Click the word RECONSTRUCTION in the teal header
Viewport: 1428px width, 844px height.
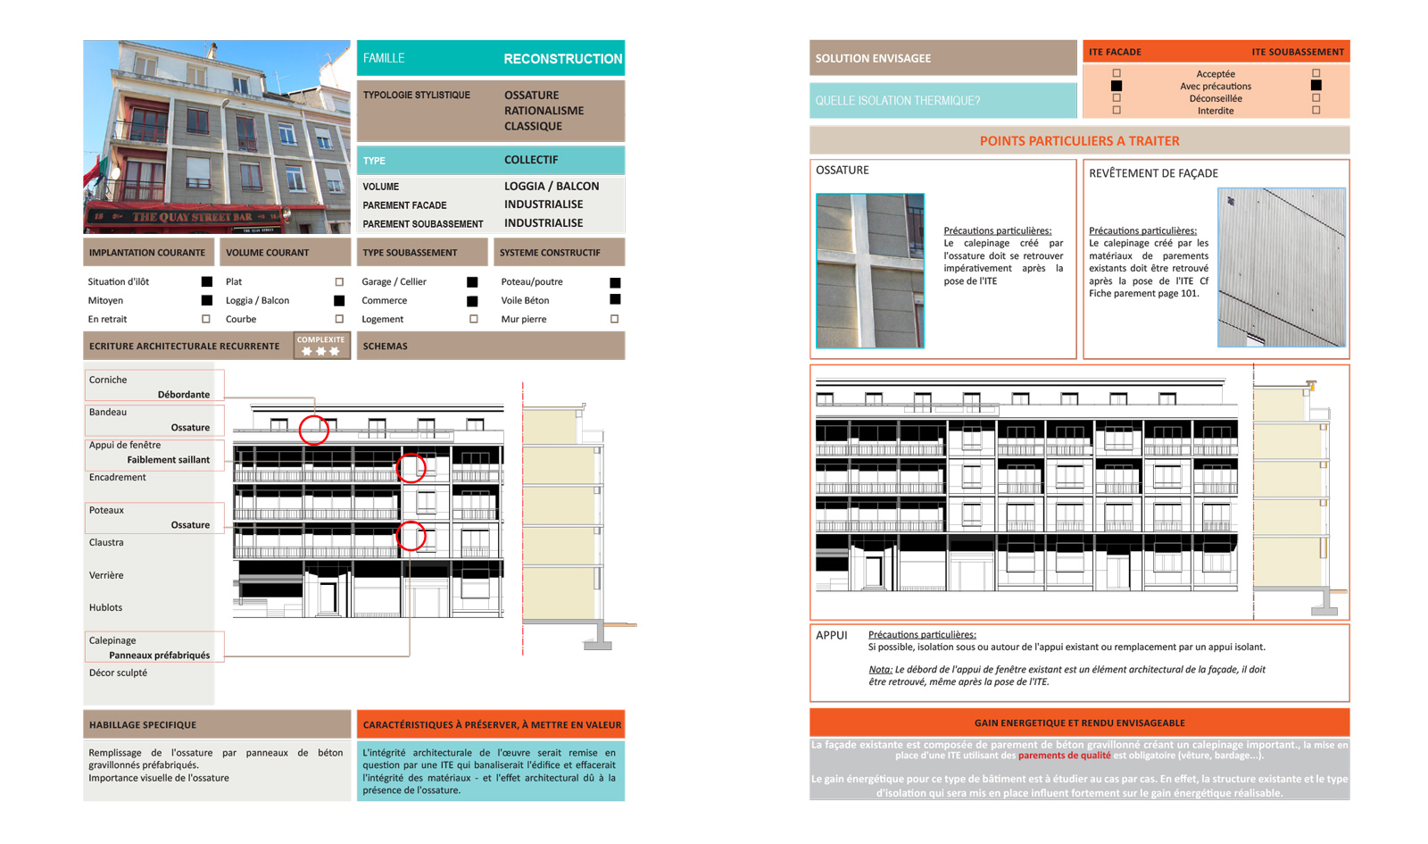tap(562, 59)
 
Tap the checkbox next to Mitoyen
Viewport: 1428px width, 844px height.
tap(206, 300)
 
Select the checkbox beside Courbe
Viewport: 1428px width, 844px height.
tap(339, 319)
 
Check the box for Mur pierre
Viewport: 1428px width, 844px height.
tap(614, 319)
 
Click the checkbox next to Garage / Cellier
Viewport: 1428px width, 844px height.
tap(472, 282)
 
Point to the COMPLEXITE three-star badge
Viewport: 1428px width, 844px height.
tap(320, 346)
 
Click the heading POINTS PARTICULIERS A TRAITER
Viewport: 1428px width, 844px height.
tap(1079, 141)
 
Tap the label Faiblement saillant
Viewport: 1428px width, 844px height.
tap(168, 460)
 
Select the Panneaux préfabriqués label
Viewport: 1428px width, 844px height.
tap(159, 656)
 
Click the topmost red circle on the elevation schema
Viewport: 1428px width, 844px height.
tap(313, 430)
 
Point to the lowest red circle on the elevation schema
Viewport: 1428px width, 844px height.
tap(411, 536)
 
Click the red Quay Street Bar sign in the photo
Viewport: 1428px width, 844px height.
tap(192, 217)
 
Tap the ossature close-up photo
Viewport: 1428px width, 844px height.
tap(870, 270)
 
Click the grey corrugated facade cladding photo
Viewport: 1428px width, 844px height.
tap(1281, 267)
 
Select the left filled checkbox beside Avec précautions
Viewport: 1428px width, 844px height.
tap(1116, 86)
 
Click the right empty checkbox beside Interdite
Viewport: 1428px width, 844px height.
tap(1316, 111)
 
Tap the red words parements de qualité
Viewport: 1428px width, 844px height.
tap(1064, 756)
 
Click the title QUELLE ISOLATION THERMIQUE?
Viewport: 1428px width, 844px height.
tap(897, 101)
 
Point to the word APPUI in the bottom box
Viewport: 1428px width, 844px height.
tap(831, 635)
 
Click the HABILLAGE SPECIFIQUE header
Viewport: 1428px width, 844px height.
tap(143, 725)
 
